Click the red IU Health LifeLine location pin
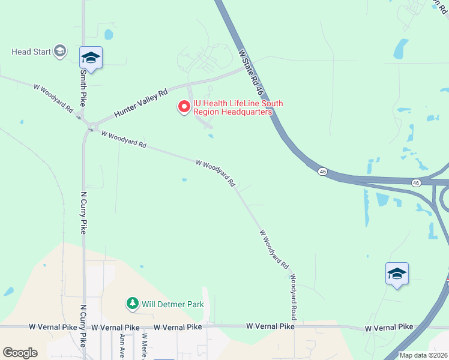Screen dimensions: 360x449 [x=184, y=107]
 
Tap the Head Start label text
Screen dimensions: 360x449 [x=31, y=52]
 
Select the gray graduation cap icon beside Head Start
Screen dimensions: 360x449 [x=60, y=51]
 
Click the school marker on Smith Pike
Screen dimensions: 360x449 [x=91, y=58]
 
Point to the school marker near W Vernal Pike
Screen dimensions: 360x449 [x=397, y=274]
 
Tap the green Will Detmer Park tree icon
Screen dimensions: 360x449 [x=132, y=304]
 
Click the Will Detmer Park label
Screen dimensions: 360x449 [x=173, y=304]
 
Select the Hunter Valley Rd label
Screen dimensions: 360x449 [x=141, y=103]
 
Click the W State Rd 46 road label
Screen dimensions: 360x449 [x=252, y=73]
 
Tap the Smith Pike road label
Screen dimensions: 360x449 [x=83, y=86]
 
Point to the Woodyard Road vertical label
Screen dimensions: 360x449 [x=294, y=296]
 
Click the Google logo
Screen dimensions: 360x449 [x=19, y=353]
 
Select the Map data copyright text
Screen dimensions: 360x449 [x=423, y=355]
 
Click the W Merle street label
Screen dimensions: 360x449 [x=145, y=346]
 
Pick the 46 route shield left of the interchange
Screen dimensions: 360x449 [x=323, y=172]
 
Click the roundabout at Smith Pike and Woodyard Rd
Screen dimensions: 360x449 [x=91, y=127]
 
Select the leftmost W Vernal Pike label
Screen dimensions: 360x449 [x=53, y=328]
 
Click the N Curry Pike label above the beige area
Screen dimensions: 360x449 [x=83, y=213]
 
